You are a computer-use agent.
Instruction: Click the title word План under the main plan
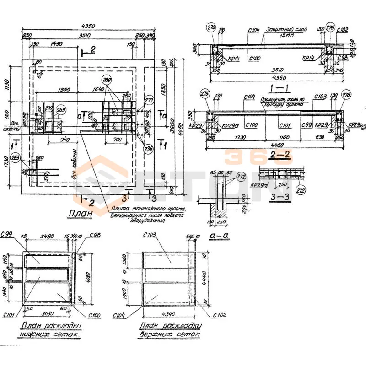tap(81, 213)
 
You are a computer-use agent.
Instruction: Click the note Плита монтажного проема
tap(148, 209)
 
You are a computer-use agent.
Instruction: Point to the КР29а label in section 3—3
tap(259, 186)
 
